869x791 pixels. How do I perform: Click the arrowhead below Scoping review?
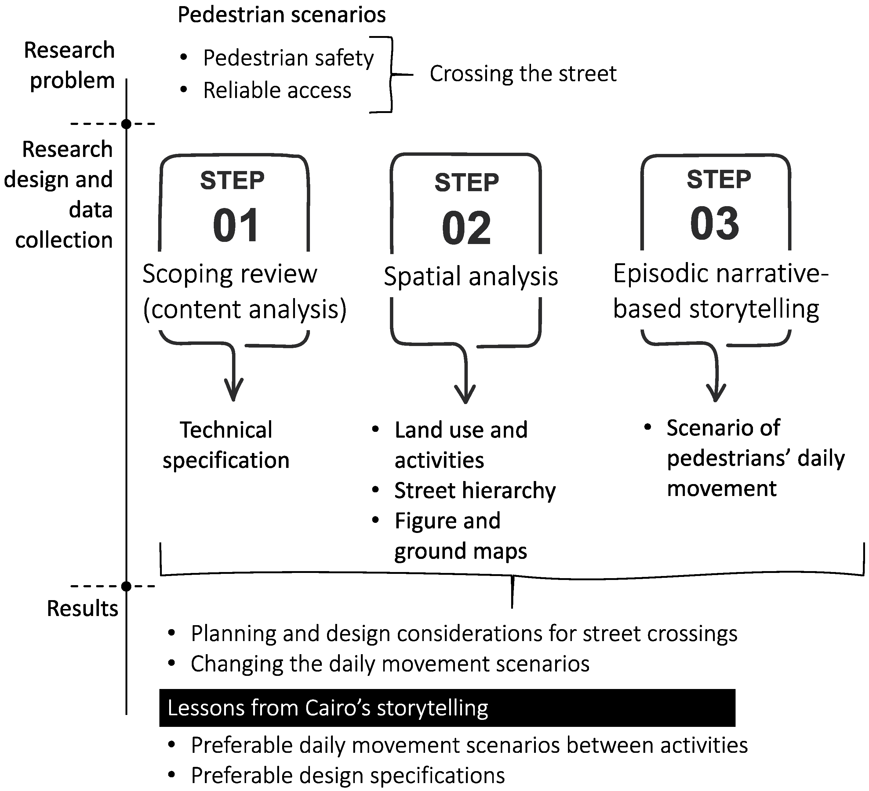pos(234,390)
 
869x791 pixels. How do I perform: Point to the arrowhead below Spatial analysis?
pos(465,393)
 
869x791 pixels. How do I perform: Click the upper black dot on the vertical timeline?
pos(126,124)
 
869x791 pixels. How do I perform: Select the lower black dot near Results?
pos(126,586)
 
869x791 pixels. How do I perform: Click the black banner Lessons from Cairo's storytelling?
pos(447,708)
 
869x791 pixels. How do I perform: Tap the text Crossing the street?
pos(522,74)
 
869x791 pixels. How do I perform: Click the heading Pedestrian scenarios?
pos(282,15)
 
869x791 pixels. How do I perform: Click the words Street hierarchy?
pos(474,490)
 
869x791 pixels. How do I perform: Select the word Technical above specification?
pos(226,430)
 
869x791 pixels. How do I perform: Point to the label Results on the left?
pos(82,609)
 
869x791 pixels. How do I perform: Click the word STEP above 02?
pos(466,182)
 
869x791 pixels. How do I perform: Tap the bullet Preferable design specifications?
pos(347,775)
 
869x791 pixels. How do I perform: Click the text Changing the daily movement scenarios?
pos(390,664)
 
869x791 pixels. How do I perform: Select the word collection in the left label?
pos(64,240)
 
